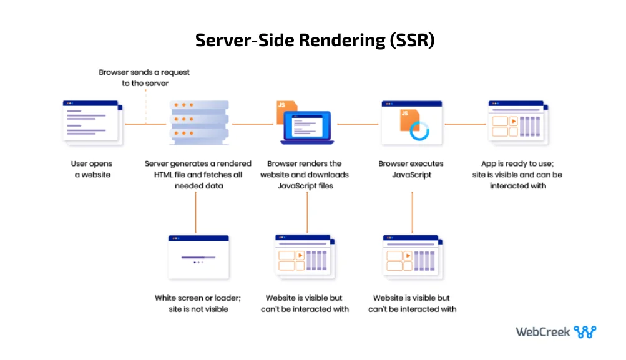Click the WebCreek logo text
(542, 332)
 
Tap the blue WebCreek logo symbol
(585, 332)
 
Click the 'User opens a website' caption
(92, 169)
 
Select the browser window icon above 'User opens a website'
(92, 122)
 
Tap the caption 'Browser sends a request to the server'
(144, 77)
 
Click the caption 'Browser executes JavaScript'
(411, 169)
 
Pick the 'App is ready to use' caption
(517, 175)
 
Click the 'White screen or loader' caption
(197, 303)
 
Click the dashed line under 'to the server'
(145, 106)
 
